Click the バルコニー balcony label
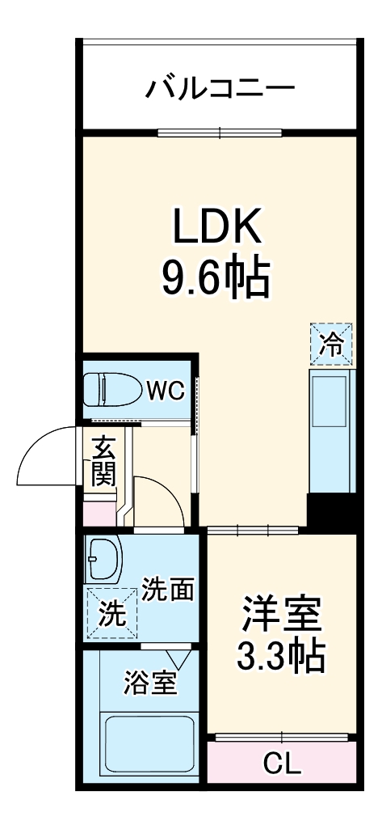click(219, 87)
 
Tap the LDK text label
click(216, 229)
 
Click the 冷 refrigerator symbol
click(332, 344)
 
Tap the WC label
click(166, 391)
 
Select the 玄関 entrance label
click(103, 461)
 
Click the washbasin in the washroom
click(102, 557)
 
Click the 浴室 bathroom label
click(149, 683)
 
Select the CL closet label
click(282, 763)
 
